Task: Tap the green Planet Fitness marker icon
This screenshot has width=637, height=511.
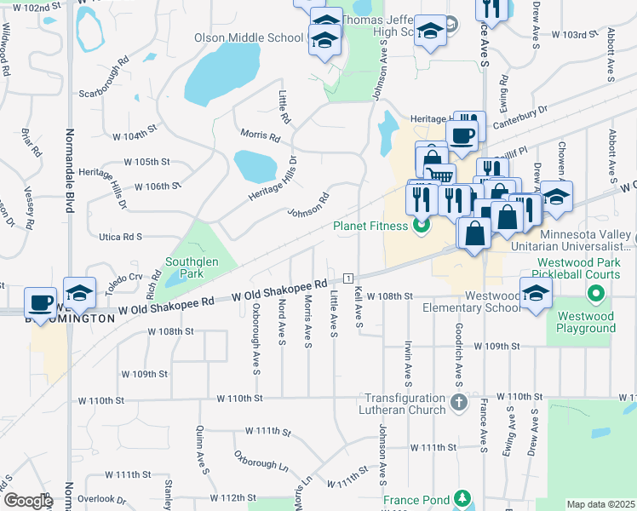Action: (419, 227)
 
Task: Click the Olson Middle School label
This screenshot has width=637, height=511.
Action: (248, 37)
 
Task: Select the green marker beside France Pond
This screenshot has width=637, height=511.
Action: (462, 497)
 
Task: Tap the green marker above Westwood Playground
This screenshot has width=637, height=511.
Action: (595, 295)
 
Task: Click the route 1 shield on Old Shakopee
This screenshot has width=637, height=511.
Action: (348, 278)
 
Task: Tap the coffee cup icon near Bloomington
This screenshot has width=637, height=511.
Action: (41, 302)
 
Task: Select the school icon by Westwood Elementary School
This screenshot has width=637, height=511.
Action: (536, 295)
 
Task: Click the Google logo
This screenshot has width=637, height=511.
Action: (27, 502)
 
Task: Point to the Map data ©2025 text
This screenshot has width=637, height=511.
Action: (600, 504)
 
